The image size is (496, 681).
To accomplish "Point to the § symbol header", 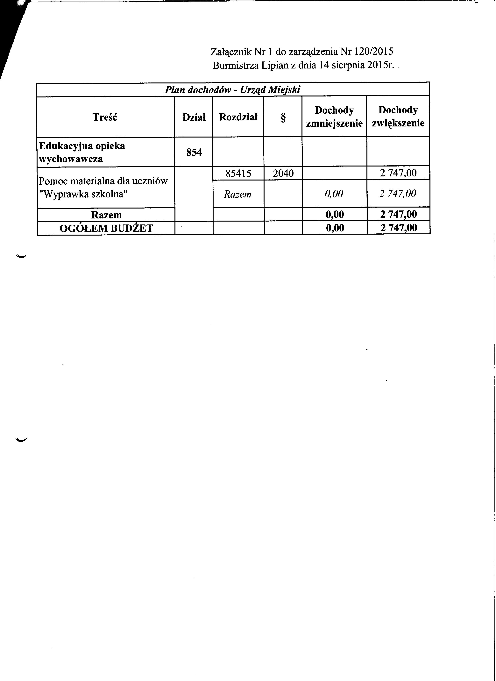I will [283, 117].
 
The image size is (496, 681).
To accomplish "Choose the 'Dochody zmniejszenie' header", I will [334, 117].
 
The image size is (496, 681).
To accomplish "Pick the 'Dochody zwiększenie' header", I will [398, 117].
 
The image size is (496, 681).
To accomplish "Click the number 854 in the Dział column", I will [194, 153].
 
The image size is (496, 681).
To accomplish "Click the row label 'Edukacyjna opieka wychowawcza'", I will [82, 152].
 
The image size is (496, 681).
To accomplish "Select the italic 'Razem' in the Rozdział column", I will [237, 194].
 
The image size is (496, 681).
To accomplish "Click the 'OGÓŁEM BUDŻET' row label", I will [106, 229].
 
